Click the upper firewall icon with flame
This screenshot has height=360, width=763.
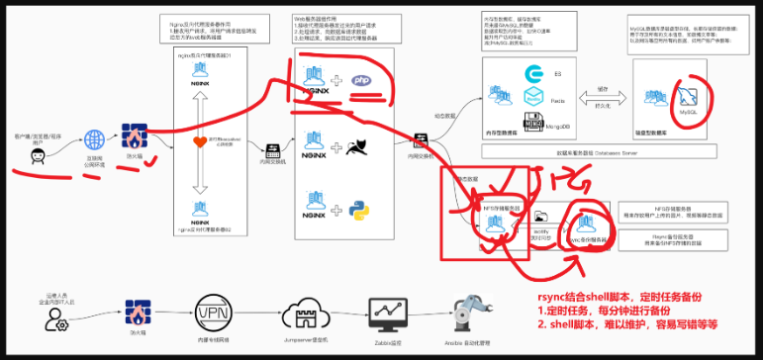(134, 135)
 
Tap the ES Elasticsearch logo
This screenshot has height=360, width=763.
(533, 75)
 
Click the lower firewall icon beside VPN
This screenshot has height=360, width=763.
(137, 316)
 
